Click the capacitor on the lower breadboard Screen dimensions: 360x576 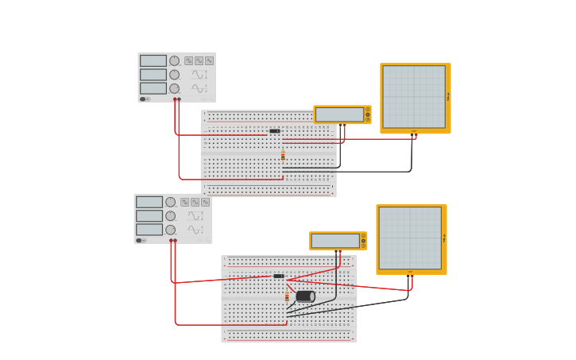point(305,296)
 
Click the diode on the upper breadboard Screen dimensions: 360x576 point(274,131)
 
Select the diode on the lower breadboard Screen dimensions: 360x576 point(278,277)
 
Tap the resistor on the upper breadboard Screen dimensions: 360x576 point(283,156)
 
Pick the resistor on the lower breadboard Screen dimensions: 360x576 point(287,297)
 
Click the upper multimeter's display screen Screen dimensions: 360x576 point(339,114)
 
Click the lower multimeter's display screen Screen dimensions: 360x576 point(335,241)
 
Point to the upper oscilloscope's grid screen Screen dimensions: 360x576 point(414,97)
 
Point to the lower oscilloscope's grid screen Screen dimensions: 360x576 point(410,238)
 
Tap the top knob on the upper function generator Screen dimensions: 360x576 point(174,60)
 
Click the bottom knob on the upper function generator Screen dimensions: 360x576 point(174,88)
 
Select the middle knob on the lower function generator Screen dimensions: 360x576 point(170,215)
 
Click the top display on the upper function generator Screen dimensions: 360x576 point(153,60)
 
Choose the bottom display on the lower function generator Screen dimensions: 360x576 point(149,230)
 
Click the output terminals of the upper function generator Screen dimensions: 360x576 point(177,99)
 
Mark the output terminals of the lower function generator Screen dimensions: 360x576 point(173,240)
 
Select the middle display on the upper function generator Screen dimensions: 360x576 point(153,75)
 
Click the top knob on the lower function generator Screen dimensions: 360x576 point(170,202)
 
